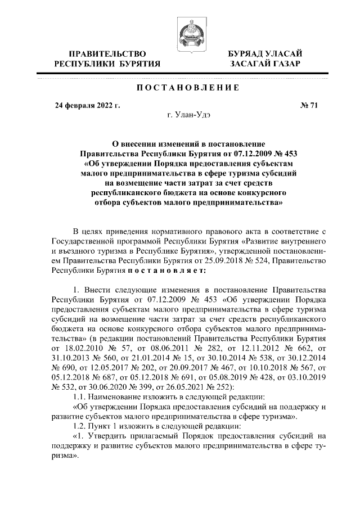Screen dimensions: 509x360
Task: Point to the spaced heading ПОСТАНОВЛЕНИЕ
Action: click(180, 88)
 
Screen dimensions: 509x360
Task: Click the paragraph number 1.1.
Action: click(83, 397)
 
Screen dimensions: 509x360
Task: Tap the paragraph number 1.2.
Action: click(83, 426)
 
